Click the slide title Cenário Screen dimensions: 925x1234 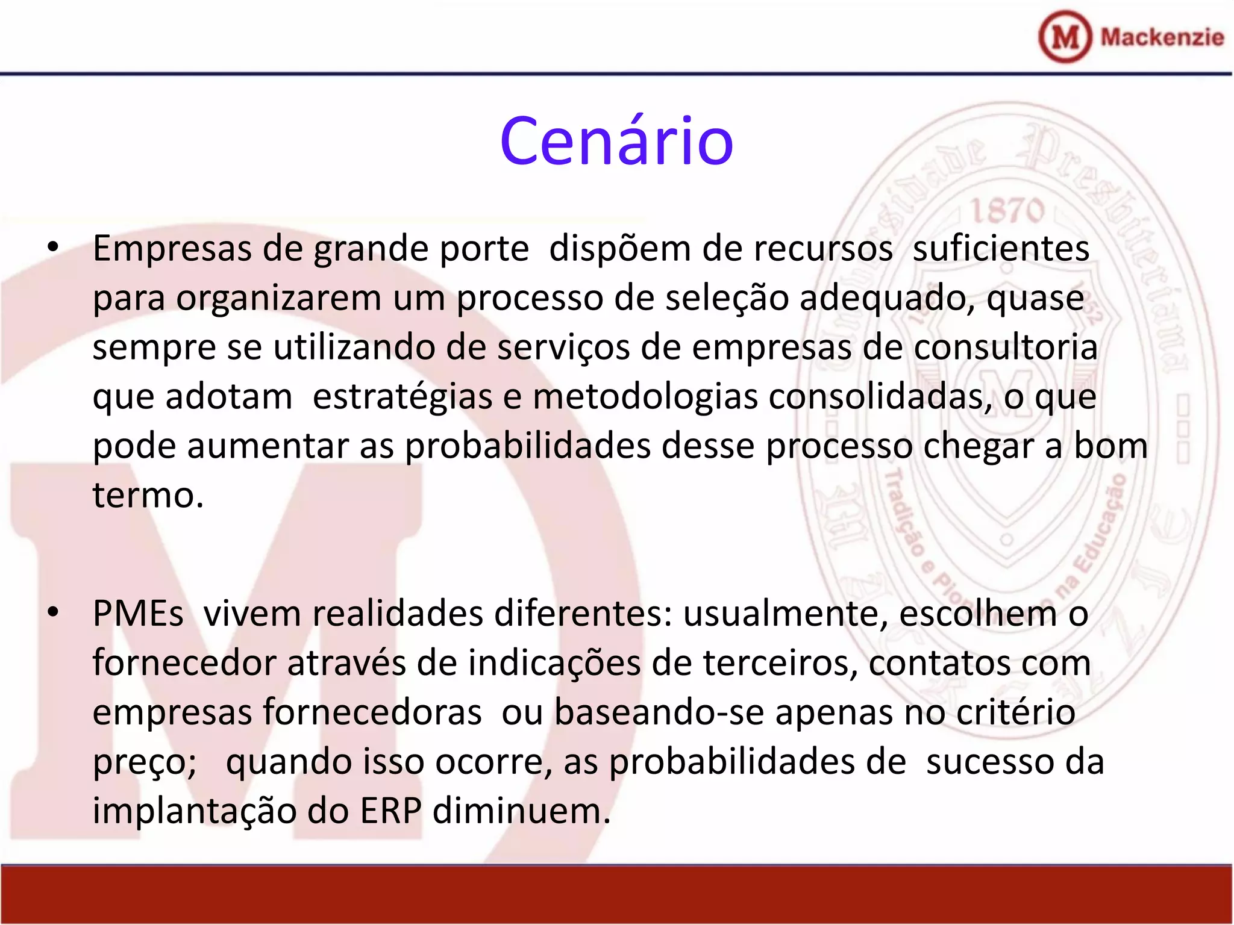tap(616, 142)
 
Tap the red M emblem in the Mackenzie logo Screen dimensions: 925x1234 tap(1065, 37)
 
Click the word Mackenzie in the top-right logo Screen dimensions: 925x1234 tap(1162, 37)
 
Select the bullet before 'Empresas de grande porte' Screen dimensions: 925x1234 tap(53, 248)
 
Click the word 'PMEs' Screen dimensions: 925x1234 tap(138, 614)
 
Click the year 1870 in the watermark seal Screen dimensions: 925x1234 tap(1007, 211)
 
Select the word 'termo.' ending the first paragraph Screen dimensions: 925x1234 tap(148, 496)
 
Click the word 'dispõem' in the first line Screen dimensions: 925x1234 tap(619, 249)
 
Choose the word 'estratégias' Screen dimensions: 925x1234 tap(402, 397)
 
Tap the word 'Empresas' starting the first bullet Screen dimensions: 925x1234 tap(172, 249)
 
